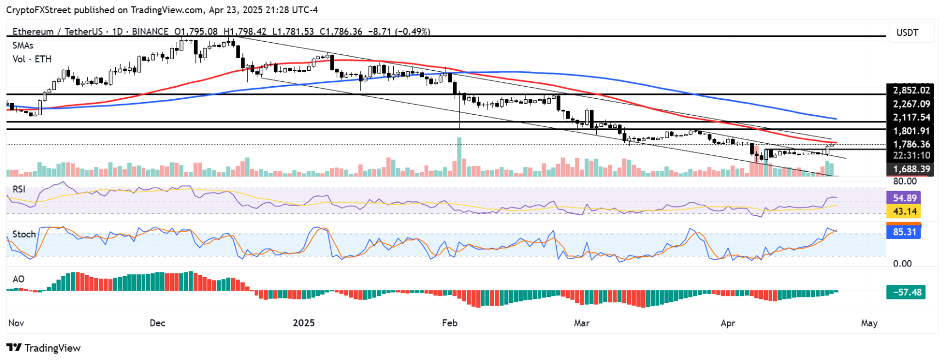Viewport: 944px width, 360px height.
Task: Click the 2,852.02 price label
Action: point(911,91)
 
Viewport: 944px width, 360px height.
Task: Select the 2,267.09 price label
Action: point(911,104)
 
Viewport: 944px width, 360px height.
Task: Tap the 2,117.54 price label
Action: point(911,117)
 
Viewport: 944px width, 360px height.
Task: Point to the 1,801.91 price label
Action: point(911,131)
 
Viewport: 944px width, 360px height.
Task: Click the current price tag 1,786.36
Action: point(911,144)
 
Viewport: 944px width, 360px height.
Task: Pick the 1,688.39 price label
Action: point(911,169)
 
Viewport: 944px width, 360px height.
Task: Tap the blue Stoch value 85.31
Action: point(904,232)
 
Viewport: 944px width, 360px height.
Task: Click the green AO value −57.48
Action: point(906,292)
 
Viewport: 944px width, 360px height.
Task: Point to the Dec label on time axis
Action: point(157,323)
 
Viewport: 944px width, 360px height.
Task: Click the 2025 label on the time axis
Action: point(303,323)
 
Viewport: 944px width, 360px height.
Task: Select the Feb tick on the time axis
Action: point(450,323)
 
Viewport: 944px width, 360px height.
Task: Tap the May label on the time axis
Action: point(869,323)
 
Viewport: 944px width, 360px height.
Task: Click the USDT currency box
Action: point(907,33)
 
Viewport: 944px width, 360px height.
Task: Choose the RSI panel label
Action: point(19,189)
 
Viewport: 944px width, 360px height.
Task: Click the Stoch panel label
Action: point(24,234)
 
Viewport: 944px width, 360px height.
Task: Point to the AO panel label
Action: point(19,279)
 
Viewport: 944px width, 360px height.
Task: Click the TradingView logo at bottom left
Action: point(44,348)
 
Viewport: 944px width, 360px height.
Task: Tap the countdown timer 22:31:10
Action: point(911,156)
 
